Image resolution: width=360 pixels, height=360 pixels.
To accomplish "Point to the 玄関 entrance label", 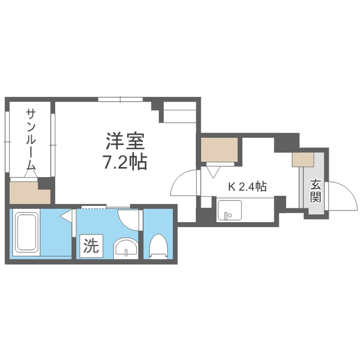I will tap(316, 191).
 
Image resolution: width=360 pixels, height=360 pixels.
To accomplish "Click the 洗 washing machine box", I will tap(91, 245).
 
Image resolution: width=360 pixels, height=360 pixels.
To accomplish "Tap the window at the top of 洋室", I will tap(120, 100).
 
